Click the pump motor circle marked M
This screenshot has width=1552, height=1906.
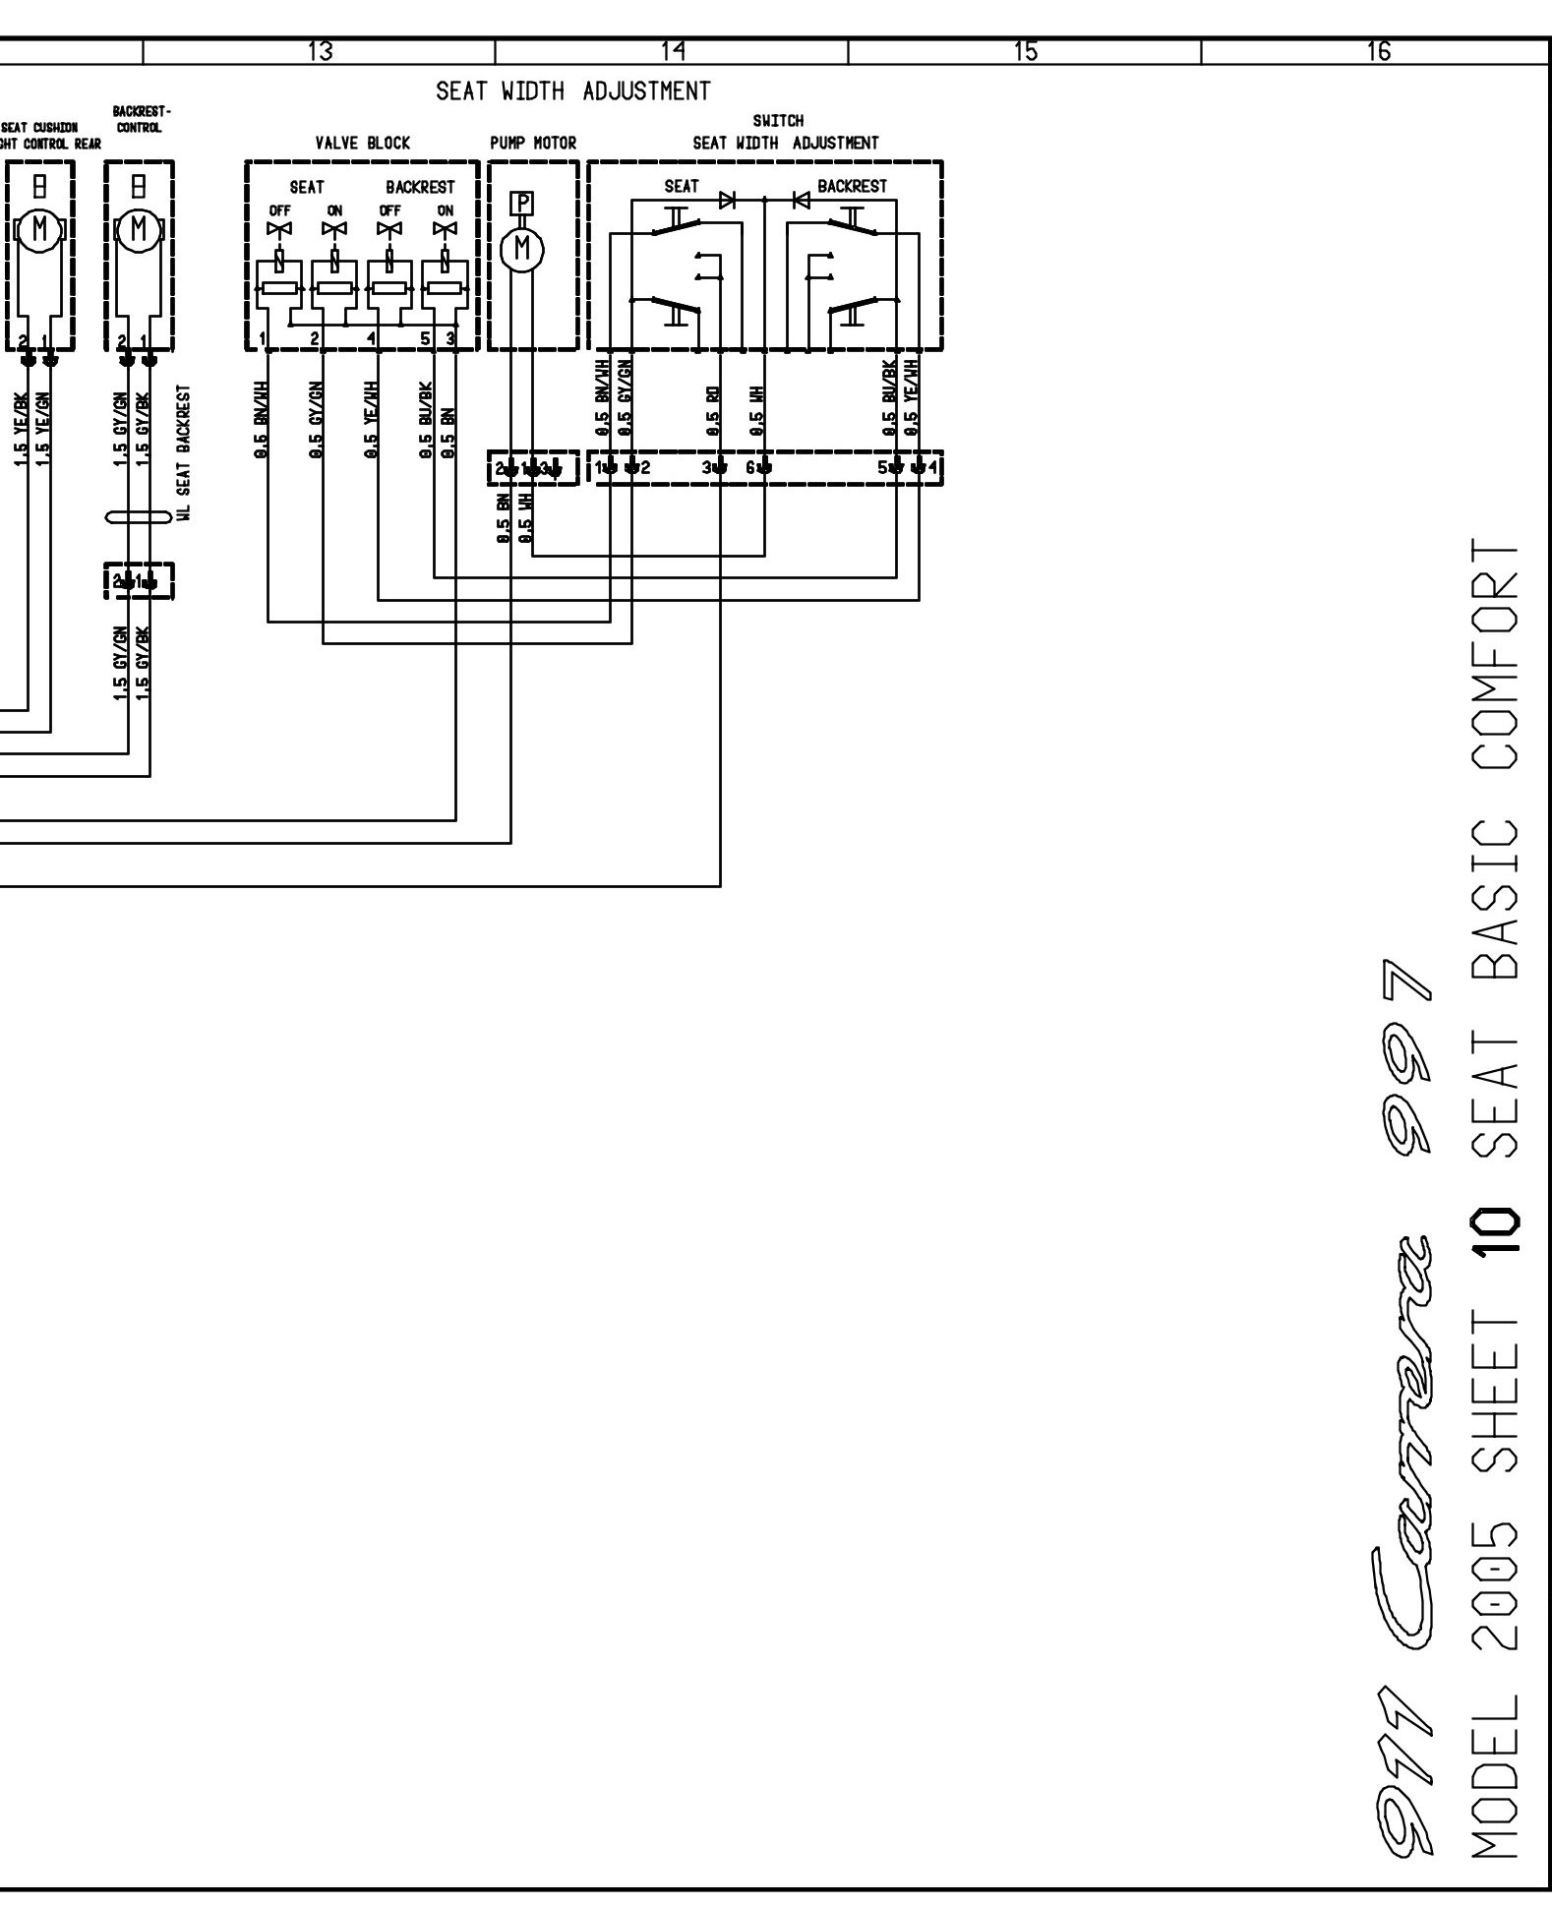(522, 250)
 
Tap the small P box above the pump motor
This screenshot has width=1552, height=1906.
(522, 204)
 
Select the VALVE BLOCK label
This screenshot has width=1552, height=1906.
(362, 144)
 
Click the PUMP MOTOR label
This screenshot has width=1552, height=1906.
(532, 144)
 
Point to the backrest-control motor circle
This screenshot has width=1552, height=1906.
(139, 231)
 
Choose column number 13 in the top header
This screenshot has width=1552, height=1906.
(321, 52)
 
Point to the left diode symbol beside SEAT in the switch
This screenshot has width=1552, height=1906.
(727, 200)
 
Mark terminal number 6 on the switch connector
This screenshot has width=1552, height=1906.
(749, 468)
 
